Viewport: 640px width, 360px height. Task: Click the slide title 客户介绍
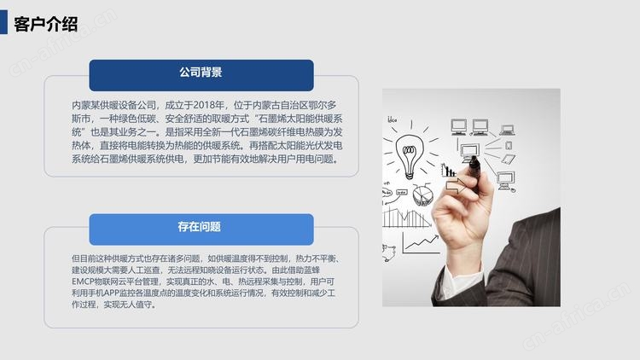point(46,24)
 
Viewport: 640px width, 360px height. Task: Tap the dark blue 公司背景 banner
point(201,75)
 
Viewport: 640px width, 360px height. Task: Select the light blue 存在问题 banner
point(201,229)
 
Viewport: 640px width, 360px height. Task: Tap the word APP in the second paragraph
point(110,293)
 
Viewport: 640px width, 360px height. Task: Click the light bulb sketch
point(410,156)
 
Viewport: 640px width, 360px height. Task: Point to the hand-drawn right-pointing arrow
point(456,186)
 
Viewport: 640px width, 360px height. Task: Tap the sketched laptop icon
point(508,131)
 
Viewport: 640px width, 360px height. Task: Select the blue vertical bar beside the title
point(3,22)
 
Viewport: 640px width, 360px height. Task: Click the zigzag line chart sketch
point(421,243)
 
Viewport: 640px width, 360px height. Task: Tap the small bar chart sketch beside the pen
point(448,171)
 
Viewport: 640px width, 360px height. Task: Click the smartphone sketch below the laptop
point(509,145)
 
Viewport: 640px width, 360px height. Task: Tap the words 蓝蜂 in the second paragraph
point(311,270)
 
